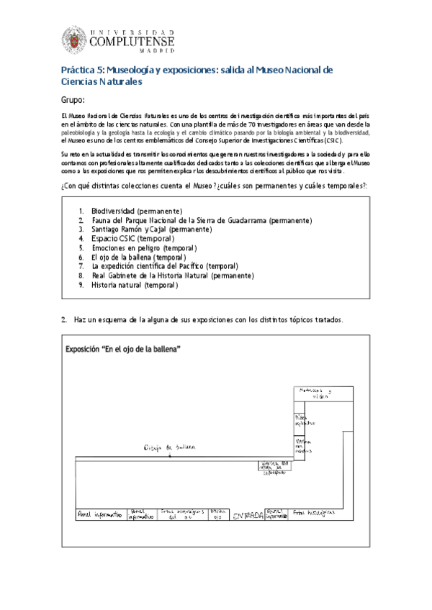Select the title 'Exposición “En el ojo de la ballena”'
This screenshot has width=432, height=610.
pos(122,350)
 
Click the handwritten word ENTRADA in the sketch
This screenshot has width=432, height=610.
pos(248,515)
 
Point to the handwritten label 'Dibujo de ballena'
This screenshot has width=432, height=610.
pos(169,447)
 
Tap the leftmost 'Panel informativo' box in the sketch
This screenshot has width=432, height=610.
pos(101,514)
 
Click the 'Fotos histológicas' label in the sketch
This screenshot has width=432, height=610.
pos(314,513)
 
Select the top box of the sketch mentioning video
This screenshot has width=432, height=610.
pos(315,393)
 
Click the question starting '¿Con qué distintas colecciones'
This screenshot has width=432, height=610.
pos(214,186)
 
